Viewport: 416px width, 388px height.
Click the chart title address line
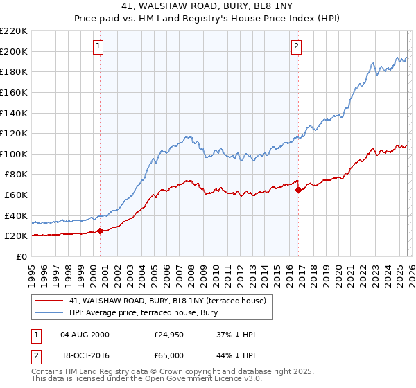pos(208,7)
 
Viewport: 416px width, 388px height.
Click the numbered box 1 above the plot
pos(98,46)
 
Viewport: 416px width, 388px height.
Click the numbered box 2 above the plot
pos(296,46)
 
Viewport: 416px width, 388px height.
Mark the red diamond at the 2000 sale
pos(100,231)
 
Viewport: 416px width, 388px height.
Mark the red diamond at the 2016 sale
pos(298,190)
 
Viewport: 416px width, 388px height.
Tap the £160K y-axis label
pos(14,92)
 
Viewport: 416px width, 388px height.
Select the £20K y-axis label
pos(16,236)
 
